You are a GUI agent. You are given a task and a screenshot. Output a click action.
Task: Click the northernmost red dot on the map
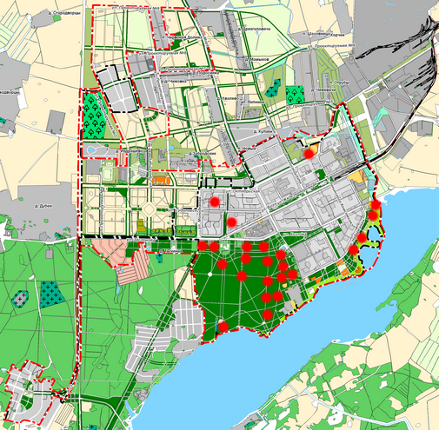[x=309, y=153]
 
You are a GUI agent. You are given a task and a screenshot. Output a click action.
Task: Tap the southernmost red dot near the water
[x=223, y=327]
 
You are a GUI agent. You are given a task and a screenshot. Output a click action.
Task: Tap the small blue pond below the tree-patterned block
[x=90, y=150]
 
